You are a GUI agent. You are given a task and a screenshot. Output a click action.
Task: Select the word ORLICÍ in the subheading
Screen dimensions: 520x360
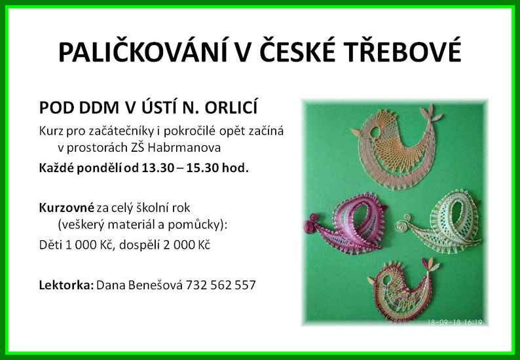pos(231,107)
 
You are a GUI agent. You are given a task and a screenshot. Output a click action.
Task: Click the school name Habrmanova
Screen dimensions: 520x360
pos(184,147)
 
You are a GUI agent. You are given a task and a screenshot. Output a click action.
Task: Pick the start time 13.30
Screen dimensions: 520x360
pos(158,168)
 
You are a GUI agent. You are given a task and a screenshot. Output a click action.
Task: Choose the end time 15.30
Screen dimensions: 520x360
pos(202,168)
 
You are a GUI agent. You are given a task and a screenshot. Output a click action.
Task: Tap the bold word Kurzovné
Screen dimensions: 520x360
pos(67,207)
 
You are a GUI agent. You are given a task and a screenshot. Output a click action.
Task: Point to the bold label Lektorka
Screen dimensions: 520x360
pos(66,285)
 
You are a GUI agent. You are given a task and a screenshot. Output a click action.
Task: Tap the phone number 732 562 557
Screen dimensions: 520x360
pos(221,285)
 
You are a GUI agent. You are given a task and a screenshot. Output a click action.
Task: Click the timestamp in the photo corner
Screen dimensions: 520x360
pos(455,321)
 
